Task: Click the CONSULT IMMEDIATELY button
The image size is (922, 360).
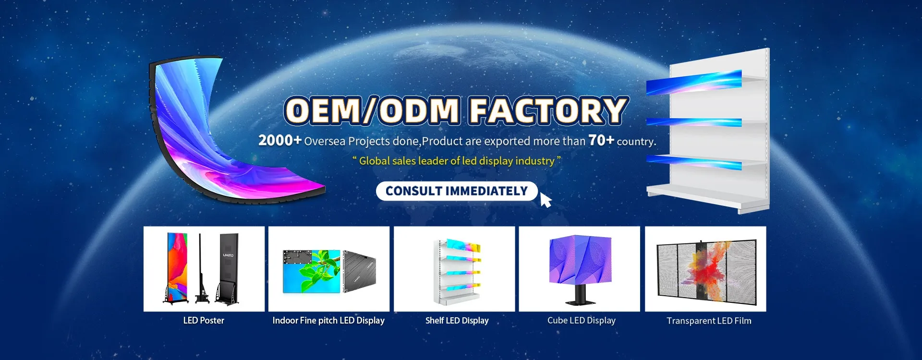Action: tap(457, 191)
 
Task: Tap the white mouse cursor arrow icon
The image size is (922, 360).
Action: tap(546, 200)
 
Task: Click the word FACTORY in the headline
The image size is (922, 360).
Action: tap(548, 111)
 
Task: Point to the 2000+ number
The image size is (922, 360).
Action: tap(280, 140)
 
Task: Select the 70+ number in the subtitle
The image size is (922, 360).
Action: tap(601, 140)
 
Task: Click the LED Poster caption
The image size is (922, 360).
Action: tap(204, 321)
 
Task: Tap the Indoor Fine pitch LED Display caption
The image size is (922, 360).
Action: tap(328, 321)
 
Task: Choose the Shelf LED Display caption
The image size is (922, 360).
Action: tap(457, 321)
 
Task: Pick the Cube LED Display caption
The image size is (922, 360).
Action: tap(581, 321)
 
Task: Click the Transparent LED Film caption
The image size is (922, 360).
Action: tap(709, 321)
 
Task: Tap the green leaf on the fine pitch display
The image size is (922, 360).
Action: tap(319, 271)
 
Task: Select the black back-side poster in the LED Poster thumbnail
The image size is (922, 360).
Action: tap(228, 269)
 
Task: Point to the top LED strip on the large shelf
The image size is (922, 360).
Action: tap(694, 82)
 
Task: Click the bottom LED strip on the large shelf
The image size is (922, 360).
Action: tap(694, 162)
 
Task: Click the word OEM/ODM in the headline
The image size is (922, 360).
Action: tap(373, 111)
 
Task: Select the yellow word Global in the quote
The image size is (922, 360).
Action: tap(374, 161)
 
